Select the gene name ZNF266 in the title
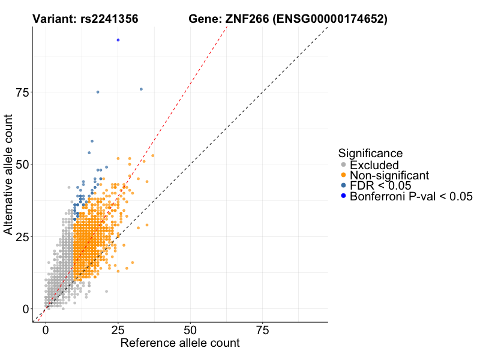pos(246,19)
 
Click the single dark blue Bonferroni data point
pos(118,40)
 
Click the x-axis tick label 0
pos(46,331)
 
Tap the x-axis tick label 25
pos(118,331)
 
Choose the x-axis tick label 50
pos(190,331)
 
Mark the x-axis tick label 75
pos(263,331)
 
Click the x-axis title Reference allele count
pos(180,344)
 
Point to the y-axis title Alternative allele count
pos(9,174)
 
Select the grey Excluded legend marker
pos(343,164)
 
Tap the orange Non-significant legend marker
pos(343,175)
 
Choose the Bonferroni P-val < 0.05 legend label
pos(412,196)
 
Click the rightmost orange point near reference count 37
pos(153,155)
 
